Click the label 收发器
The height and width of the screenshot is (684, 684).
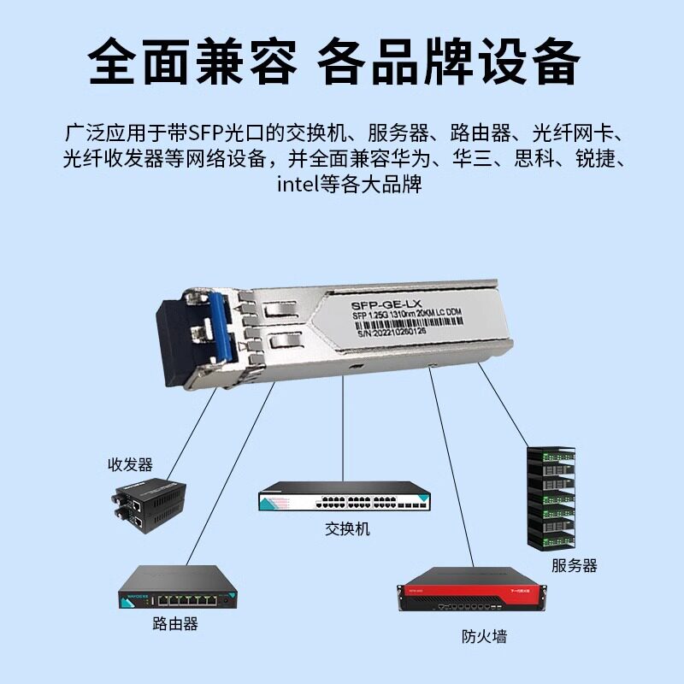[130, 465]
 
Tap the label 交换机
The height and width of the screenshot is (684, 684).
[347, 529]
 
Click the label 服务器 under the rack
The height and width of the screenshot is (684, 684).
[574, 565]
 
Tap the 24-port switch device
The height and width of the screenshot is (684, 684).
[345, 498]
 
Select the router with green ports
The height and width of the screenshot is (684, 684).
[178, 589]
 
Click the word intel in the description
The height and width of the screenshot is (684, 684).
[295, 184]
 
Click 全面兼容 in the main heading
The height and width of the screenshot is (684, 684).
[193, 62]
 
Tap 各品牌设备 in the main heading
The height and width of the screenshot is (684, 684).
[448, 62]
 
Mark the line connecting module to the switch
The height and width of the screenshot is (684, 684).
[344, 427]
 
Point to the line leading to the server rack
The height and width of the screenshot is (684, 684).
[505, 405]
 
